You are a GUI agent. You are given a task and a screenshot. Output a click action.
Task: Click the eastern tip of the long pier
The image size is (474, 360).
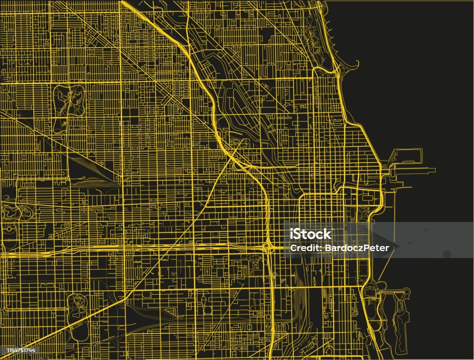click(x=434, y=170)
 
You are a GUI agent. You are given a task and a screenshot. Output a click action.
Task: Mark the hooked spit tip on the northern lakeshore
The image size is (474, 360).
click(x=357, y=63)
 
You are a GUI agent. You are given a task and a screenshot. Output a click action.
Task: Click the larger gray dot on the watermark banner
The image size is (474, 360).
click(x=447, y=253)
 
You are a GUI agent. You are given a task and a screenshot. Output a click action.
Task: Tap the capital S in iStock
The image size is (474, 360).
click(x=299, y=234)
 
